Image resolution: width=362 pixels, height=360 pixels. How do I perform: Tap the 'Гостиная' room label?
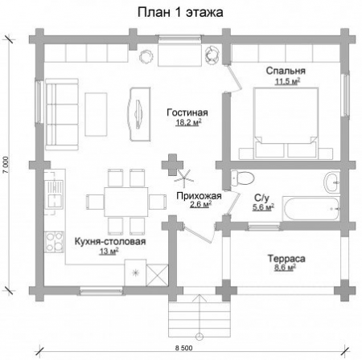pyautogui.click(x=187, y=112)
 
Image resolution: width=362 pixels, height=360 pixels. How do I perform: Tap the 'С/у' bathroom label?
pyautogui.click(x=261, y=197)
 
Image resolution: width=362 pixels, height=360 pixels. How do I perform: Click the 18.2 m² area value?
pyautogui.click(x=187, y=123)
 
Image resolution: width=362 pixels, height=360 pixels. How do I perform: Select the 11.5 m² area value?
pyautogui.click(x=287, y=81)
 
